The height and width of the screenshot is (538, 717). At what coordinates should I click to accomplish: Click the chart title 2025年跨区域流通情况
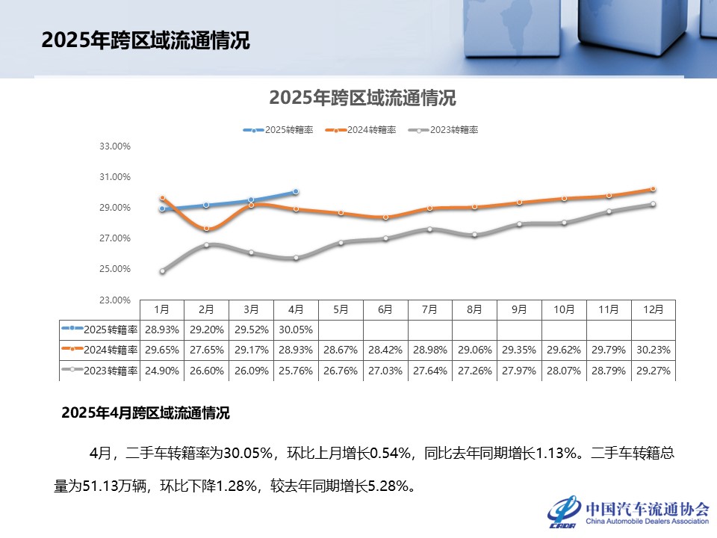pyautogui.click(x=362, y=98)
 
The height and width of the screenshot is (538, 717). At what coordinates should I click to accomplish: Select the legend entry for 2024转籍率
pyautogui.click(x=361, y=130)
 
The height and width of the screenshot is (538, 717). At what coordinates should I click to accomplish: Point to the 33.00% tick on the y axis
pyautogui.click(x=115, y=146)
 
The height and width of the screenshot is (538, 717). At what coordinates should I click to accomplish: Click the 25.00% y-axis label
pyautogui.click(x=115, y=269)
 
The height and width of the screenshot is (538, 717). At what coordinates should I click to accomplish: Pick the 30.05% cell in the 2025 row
pyautogui.click(x=296, y=329)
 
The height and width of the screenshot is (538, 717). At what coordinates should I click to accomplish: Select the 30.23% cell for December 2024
pyautogui.click(x=653, y=349)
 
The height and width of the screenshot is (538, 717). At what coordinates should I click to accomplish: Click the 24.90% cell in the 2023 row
pyautogui.click(x=161, y=370)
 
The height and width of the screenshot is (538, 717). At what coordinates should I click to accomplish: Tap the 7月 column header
pyautogui.click(x=429, y=309)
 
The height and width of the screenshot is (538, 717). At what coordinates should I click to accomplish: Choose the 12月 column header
pyautogui.click(x=653, y=309)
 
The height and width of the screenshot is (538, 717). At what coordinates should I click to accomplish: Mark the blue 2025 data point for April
pyautogui.click(x=296, y=192)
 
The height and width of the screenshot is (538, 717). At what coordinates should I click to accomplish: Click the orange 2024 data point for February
pyautogui.click(x=207, y=229)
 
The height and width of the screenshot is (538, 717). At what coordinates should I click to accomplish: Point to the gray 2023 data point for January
pyautogui.click(x=162, y=271)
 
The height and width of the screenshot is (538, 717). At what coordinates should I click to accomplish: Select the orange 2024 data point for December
pyautogui.click(x=653, y=189)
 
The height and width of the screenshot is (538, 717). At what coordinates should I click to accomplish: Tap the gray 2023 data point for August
pyautogui.click(x=474, y=235)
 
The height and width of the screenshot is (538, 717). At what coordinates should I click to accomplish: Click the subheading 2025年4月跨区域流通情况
pyautogui.click(x=146, y=412)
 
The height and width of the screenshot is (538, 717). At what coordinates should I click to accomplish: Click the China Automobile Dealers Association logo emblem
pyautogui.click(x=564, y=510)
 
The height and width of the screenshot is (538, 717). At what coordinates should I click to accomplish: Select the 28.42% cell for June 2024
pyautogui.click(x=385, y=349)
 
